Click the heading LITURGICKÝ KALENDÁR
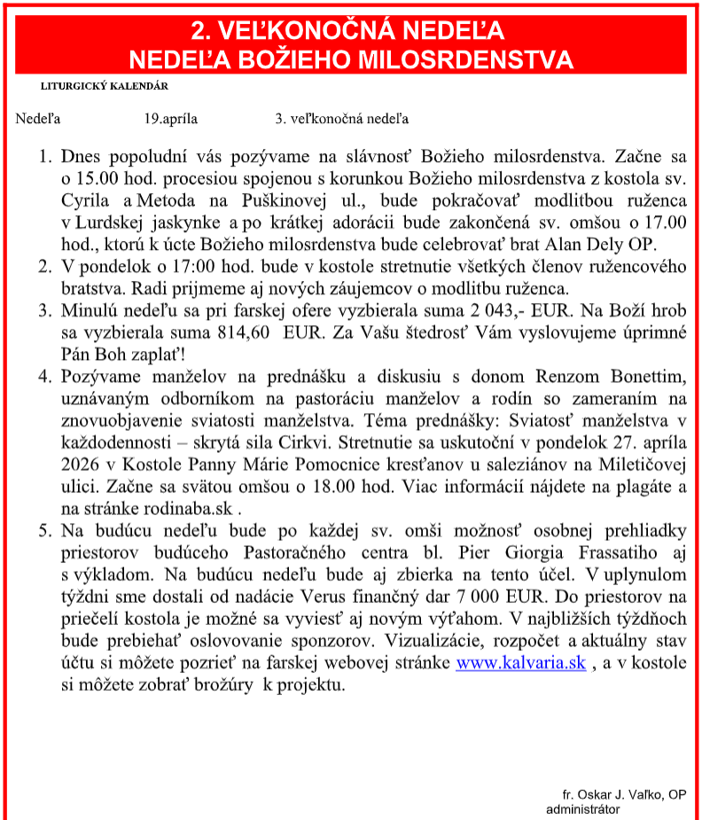104,86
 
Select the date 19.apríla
171,119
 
